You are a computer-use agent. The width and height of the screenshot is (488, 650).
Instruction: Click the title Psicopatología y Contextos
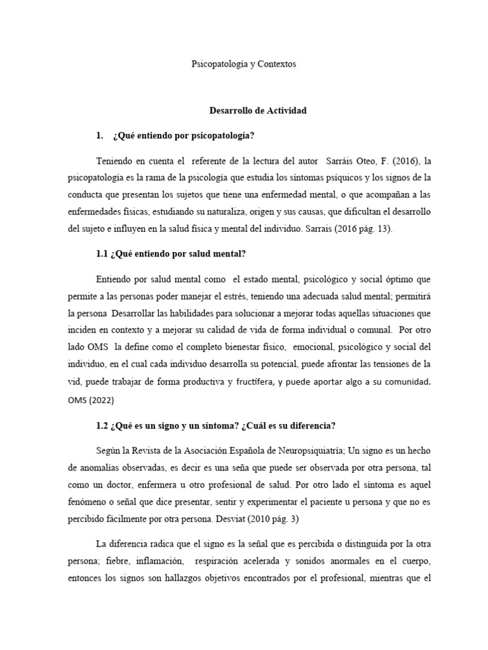click(244, 64)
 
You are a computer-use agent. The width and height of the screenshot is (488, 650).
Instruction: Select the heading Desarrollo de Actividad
click(258, 110)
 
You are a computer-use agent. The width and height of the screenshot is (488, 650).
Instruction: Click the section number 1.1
click(102, 253)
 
